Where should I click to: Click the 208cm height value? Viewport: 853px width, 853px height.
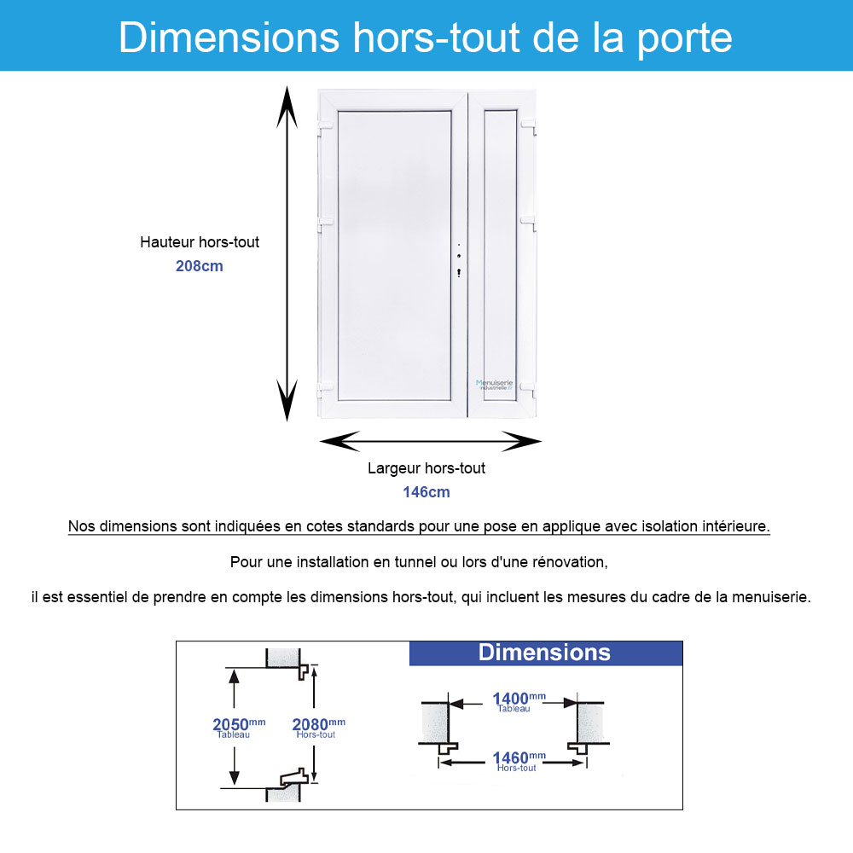tap(199, 265)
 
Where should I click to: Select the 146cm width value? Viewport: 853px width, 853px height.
tap(426, 492)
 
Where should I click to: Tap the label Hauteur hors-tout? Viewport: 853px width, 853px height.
tap(200, 242)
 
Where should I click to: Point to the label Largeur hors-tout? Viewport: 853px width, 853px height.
tap(426, 468)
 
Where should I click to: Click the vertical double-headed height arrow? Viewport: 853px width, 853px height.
tap(287, 256)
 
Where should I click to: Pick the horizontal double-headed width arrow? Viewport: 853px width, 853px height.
tap(430, 441)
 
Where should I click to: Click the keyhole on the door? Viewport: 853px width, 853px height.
tap(459, 273)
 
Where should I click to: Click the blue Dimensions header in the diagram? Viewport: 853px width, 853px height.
tap(545, 653)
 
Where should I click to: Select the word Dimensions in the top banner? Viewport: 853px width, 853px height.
tap(229, 38)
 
